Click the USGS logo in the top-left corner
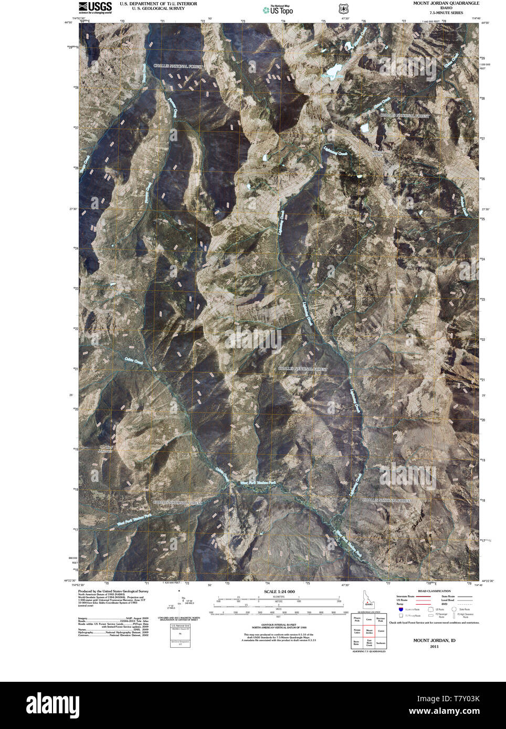[95, 7]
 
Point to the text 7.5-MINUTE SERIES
[446, 13]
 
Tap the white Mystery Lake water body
[333, 70]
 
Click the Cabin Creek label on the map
[134, 361]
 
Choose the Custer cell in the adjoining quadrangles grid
[381, 631]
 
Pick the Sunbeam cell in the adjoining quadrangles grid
[381, 642]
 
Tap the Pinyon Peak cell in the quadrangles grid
[357, 620]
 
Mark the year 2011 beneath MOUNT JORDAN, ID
[434, 647]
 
